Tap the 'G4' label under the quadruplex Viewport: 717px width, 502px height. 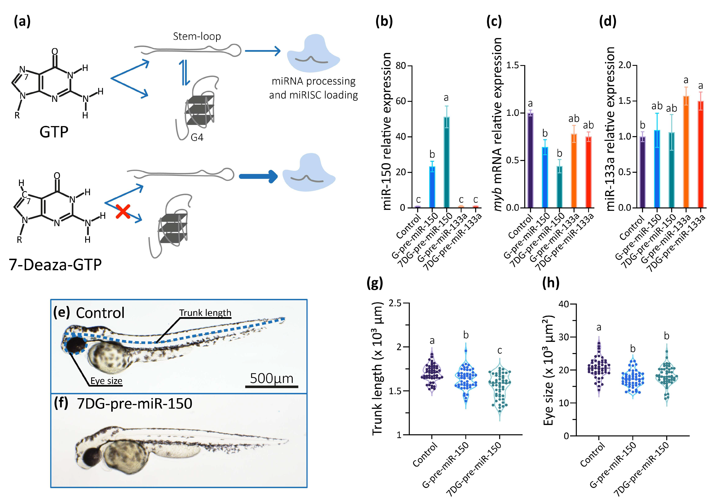[197, 137]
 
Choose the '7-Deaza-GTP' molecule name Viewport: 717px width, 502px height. [55, 265]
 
